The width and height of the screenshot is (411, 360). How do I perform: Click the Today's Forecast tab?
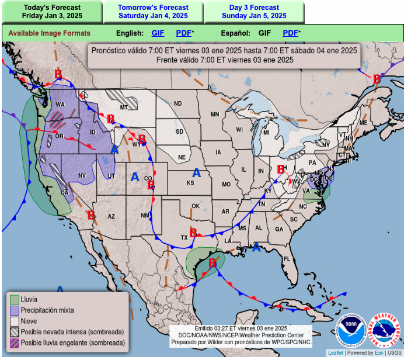pos(52,12)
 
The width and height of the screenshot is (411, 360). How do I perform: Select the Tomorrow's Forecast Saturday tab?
pos(154,12)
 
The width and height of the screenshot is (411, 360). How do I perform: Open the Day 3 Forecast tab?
pos(254,12)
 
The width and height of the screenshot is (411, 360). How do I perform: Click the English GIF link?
pos(158,33)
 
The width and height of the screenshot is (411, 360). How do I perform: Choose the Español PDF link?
pos(291,33)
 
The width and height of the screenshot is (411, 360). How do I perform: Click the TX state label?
pos(184,237)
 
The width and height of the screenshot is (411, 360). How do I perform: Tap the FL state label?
pos(287,258)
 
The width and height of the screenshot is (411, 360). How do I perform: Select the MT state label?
pos(124,108)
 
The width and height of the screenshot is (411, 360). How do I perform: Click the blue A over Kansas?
pos(197,173)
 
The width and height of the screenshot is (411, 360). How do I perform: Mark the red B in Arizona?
pos(91,215)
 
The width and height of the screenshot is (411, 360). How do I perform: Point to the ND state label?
pos(177,104)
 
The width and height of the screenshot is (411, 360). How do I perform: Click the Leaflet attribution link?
pos(335,353)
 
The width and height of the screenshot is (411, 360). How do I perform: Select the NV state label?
pos(82,175)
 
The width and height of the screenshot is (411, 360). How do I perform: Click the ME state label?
pos(363,123)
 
